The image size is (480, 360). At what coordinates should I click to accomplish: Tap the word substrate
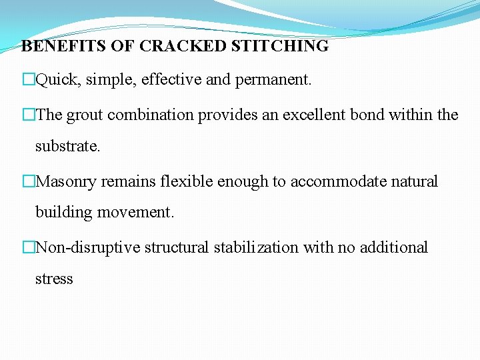tap(67, 146)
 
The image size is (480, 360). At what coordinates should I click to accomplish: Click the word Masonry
tap(69, 181)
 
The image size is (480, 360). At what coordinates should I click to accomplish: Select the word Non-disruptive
tap(87, 247)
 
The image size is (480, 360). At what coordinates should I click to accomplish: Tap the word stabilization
tap(257, 247)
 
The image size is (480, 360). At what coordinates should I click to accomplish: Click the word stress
tap(54, 279)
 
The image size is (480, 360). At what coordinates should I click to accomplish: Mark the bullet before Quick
tap(28, 81)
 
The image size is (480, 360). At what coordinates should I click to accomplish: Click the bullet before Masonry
tap(28, 181)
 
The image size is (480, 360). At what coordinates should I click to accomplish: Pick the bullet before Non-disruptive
tap(28, 247)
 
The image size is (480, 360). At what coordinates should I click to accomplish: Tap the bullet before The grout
tap(28, 115)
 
